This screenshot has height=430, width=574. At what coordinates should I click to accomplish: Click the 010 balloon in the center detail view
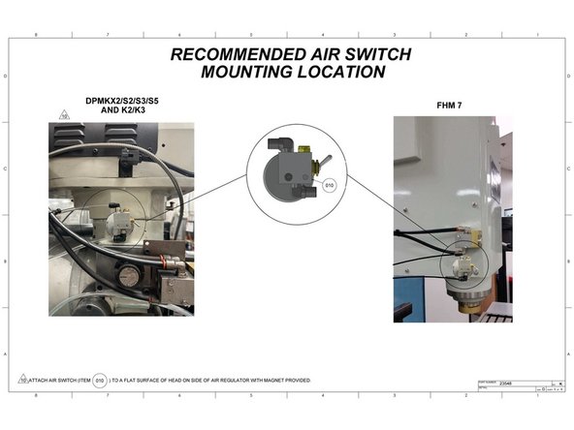tap(328, 183)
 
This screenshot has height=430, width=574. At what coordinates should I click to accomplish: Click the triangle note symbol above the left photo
tap(64, 114)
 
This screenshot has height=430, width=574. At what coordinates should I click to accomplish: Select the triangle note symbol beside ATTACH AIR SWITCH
tap(21, 379)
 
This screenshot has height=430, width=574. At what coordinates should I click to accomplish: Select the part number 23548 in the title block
tap(502, 384)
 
